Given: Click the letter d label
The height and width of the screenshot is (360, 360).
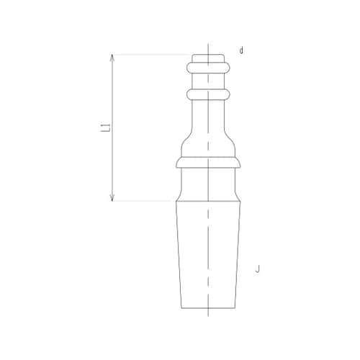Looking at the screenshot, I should coord(242,50).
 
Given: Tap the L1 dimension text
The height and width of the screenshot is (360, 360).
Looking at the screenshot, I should coord(105,128).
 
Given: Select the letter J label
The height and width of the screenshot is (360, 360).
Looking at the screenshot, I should coord(257,269).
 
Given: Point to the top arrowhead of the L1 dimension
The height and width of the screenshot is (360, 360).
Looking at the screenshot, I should coord(112,58).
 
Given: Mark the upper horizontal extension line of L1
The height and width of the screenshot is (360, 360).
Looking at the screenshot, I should coord(151,54).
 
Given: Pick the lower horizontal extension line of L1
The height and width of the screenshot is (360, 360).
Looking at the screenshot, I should coord(144,200).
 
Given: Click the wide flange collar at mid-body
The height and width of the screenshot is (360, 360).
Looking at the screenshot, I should coord(207,163).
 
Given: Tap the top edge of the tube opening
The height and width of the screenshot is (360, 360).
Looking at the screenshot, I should coord(207,55).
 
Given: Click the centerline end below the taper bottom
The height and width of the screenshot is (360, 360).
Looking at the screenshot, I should coord(207,314).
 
